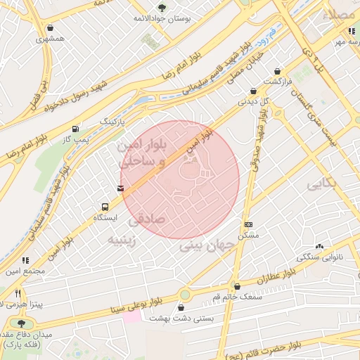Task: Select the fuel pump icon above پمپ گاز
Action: point(75,129)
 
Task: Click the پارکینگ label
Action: point(114,121)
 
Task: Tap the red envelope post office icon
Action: point(121,188)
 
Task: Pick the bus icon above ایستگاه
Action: point(105,207)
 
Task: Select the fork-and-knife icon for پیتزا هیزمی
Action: point(18,292)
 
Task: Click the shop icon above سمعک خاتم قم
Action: point(237,287)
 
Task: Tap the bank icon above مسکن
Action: point(248,224)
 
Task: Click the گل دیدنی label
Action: point(255,101)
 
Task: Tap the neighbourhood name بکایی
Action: point(323,184)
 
